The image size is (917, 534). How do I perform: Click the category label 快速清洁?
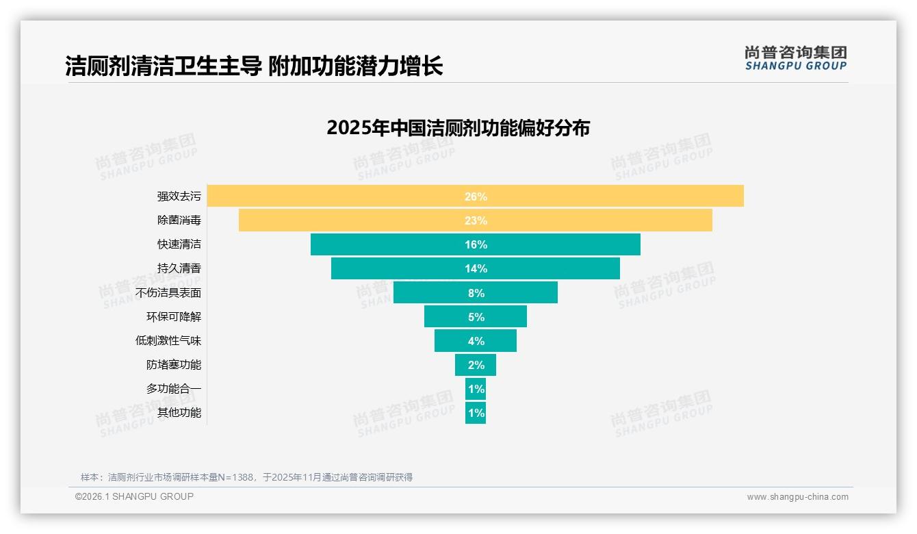179,244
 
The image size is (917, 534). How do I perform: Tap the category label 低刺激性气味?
168,340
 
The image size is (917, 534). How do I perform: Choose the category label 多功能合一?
174,389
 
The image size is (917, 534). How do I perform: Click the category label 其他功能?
179,413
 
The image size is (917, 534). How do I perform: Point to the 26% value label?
476,196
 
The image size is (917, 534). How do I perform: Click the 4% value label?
476,341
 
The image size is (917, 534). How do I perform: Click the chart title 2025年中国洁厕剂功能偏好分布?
458,128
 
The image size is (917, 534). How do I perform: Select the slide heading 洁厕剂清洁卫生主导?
164,66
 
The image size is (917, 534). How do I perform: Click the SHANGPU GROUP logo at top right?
795,58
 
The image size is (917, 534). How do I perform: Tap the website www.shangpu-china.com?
797,497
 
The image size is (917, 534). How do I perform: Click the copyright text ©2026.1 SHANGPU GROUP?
134,496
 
